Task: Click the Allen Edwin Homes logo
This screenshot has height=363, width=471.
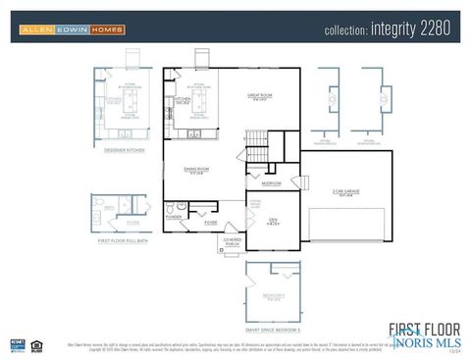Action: coord(73,30)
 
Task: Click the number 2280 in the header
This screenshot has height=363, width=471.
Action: coord(436,29)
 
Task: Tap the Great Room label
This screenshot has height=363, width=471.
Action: coord(260,97)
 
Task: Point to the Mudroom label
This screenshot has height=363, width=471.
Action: coord(271,183)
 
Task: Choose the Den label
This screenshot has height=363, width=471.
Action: coord(274,221)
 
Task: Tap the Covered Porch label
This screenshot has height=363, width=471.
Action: coord(233,241)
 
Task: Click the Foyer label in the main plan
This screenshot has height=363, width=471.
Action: coord(210,223)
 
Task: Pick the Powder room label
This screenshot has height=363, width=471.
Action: coord(174,217)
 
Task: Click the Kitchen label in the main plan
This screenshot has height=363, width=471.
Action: coord(183,99)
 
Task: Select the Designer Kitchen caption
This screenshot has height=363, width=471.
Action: coord(125,149)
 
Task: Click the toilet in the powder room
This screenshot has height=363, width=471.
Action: coord(170,208)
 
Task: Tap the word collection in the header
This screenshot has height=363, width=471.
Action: coord(346,30)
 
